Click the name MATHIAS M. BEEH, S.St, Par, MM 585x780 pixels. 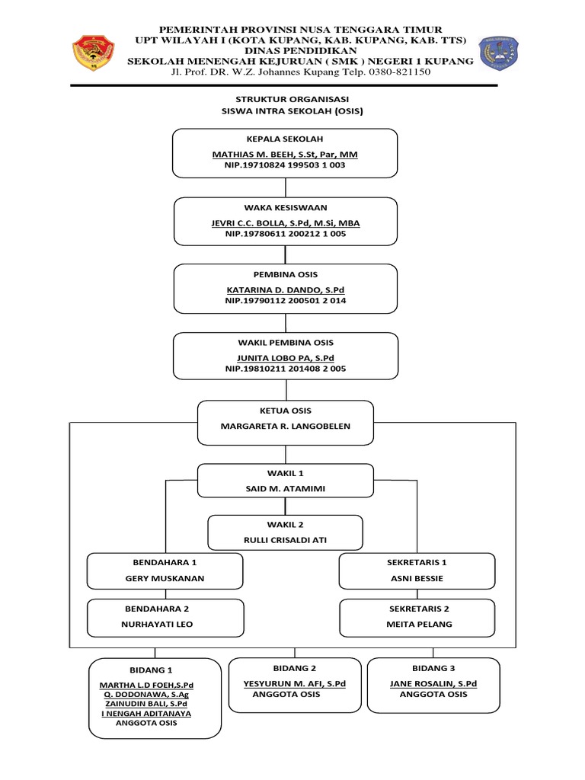[285, 155]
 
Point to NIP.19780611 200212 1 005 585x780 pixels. [285, 234]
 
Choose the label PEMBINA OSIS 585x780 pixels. [285, 274]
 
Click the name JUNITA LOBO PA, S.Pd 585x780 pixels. [285, 357]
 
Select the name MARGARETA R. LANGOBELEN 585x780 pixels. [286, 427]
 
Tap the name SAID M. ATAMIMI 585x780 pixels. [286, 488]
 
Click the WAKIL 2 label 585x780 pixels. [285, 526]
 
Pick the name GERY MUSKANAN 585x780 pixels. [165, 578]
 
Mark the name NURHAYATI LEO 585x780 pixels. [165, 624]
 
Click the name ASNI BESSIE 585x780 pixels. [417, 578]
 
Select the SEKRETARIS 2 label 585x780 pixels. [417, 609]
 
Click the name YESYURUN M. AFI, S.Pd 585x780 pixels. [294, 684]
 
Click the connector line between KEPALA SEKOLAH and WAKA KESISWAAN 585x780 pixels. [285, 187]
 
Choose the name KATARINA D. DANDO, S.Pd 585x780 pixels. [285, 290]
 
